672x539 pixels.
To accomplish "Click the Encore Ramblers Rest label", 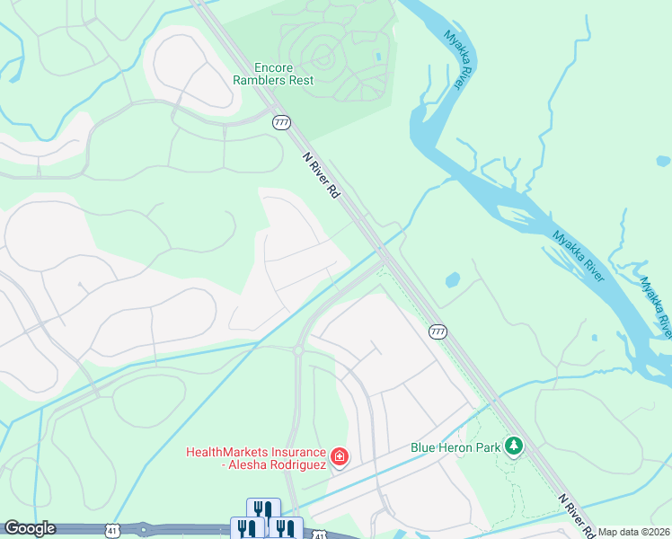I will pyautogui.click(x=284, y=74).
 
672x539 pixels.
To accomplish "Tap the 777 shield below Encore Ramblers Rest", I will pyautogui.click(x=282, y=122).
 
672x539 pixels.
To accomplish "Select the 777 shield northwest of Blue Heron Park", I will pyautogui.click(x=438, y=331).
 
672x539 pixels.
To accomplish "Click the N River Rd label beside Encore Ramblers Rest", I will pyautogui.click(x=321, y=176).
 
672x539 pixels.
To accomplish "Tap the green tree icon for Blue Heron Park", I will pyautogui.click(x=513, y=446).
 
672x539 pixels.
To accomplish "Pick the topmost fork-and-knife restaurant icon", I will pyautogui.click(x=263, y=509).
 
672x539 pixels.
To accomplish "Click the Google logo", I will pyautogui.click(x=29, y=529).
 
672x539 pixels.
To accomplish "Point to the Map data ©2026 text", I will pyautogui.click(x=633, y=532).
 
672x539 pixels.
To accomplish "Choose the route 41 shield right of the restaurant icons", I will pyautogui.click(x=318, y=535).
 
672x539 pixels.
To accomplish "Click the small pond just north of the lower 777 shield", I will pyautogui.click(x=453, y=280).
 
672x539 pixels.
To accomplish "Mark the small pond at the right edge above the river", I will pyautogui.click(x=663, y=161).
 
